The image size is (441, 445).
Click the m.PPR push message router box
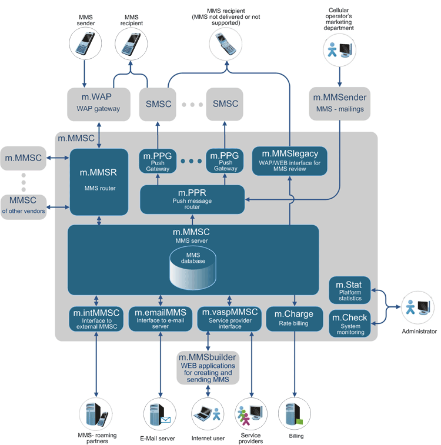click(192, 199)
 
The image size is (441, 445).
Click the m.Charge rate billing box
click(294, 319)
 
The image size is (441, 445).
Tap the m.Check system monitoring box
click(350, 323)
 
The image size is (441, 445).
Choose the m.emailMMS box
click(161, 319)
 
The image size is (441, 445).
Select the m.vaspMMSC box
click(229, 319)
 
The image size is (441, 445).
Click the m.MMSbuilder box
click(208, 367)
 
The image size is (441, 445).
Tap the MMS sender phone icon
click(82, 44)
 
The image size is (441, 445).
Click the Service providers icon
click(251, 414)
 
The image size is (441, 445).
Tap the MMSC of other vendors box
click(24, 206)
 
